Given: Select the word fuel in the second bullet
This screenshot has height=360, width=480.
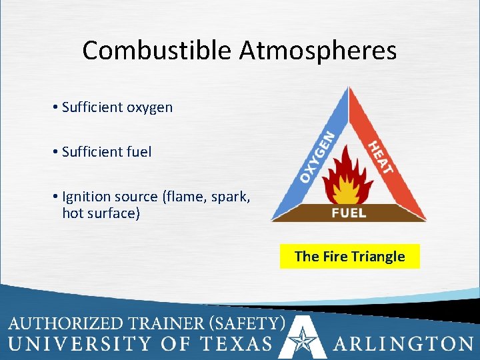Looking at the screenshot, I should pyautogui.click(x=139, y=152).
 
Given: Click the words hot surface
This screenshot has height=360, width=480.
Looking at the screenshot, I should pyautogui.click(x=101, y=213).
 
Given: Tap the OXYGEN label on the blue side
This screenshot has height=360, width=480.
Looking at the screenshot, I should pyautogui.click(x=316, y=157).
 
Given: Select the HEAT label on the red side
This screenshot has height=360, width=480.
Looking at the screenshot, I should pyautogui.click(x=381, y=155).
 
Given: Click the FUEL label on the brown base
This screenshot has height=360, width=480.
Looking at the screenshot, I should pyautogui.click(x=349, y=213).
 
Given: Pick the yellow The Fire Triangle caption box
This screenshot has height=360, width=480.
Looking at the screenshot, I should pyautogui.click(x=349, y=257).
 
